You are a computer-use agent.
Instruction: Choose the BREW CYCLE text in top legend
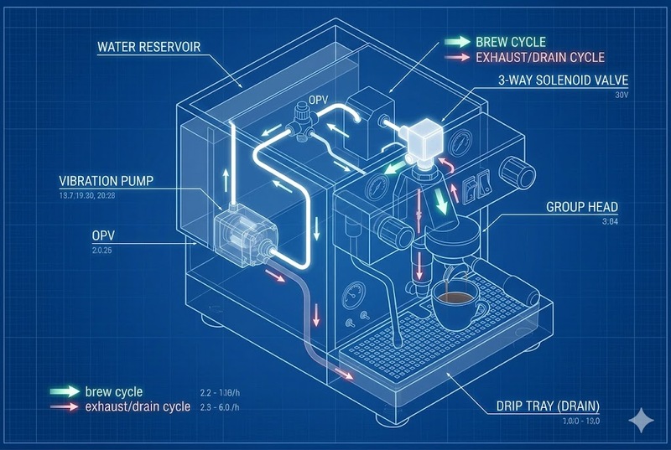pos(509,41)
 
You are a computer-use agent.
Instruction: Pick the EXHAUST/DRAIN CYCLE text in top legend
pos(540,58)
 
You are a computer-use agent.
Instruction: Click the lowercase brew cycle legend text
pos(113,391)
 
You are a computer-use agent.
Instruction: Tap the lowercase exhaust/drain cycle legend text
pos(137,408)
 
